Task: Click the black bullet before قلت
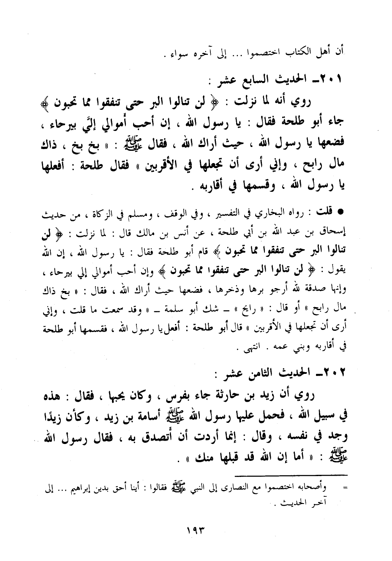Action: [339, 210]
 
